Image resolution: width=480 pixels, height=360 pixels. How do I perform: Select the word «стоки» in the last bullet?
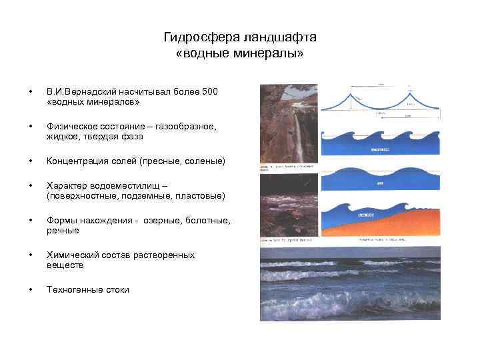pos(117,290)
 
